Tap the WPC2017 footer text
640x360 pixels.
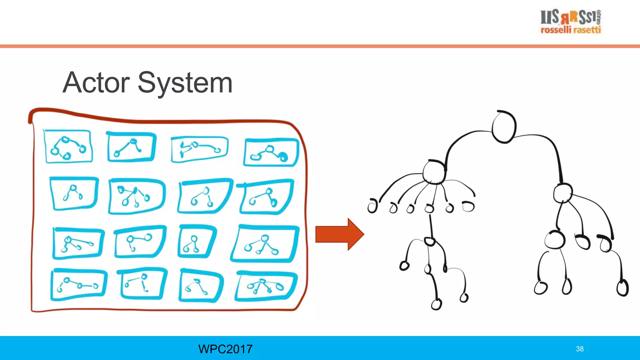point(225,349)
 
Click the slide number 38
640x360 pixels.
point(580,349)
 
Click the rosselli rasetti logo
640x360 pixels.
point(571,21)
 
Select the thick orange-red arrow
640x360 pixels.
point(339,234)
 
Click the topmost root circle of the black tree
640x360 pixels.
point(504,127)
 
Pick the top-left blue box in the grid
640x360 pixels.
point(68,147)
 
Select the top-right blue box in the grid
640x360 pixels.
point(271,152)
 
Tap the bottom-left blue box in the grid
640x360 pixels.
point(78,284)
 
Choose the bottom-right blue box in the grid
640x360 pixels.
point(266,286)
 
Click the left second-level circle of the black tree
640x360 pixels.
point(434,172)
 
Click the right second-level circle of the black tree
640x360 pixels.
point(563,193)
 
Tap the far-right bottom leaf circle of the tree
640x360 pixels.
point(622,288)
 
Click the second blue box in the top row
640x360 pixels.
point(131,147)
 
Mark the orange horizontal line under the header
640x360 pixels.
point(320,46)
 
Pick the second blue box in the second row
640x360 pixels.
point(136,196)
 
